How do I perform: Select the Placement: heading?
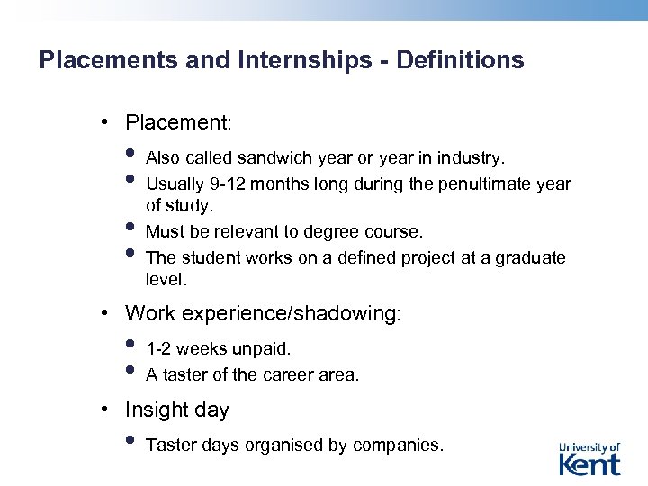[x=178, y=121]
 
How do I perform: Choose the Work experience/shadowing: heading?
[x=263, y=313]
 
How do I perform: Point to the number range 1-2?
[x=159, y=348]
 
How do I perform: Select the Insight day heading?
[x=176, y=410]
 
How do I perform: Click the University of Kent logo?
[x=589, y=458]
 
